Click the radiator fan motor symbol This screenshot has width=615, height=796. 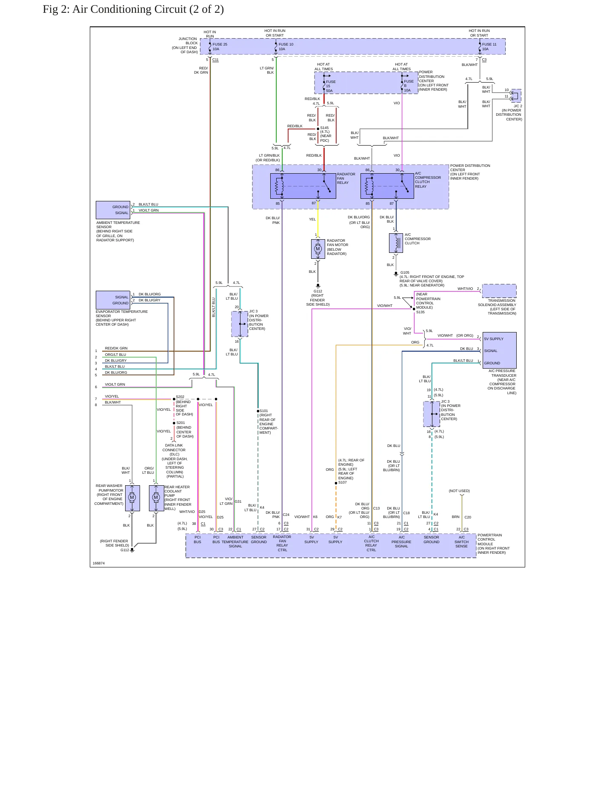[318, 249]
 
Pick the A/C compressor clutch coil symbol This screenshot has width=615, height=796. [396, 243]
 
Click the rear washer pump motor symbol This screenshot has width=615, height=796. [132, 498]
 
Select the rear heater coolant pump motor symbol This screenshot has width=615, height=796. [156, 498]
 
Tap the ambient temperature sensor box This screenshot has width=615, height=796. [113, 210]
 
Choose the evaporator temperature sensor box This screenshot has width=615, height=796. [113, 300]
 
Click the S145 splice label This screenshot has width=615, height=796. [324, 128]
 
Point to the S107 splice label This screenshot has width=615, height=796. [343, 482]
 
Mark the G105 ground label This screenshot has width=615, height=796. [405, 272]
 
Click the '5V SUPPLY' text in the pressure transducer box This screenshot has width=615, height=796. [494, 339]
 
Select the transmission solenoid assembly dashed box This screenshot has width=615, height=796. [499, 291]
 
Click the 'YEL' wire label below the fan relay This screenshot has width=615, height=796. [312, 219]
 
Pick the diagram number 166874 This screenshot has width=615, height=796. [99, 563]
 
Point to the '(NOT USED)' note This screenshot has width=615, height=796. [459, 491]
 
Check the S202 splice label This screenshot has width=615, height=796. [180, 397]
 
